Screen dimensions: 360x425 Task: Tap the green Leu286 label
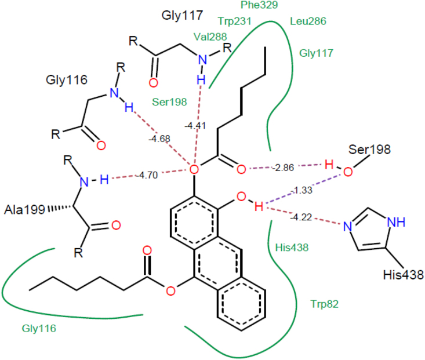(307, 21)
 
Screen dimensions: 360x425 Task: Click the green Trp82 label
(324, 303)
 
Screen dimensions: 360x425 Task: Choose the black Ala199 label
(25, 209)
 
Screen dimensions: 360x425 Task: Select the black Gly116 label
(66, 80)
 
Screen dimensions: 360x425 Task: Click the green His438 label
(291, 248)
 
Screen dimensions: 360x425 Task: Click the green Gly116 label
(39, 329)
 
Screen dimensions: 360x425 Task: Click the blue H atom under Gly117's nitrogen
(201, 78)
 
